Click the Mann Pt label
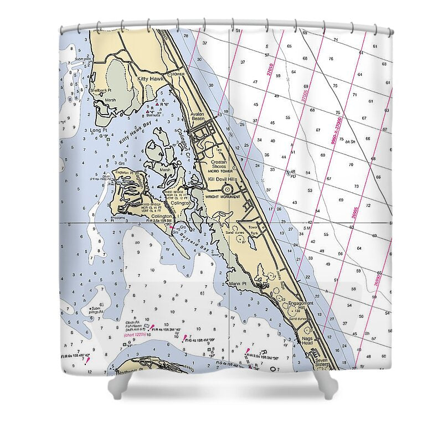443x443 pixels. coord(237,284)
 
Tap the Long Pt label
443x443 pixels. coord(97,130)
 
